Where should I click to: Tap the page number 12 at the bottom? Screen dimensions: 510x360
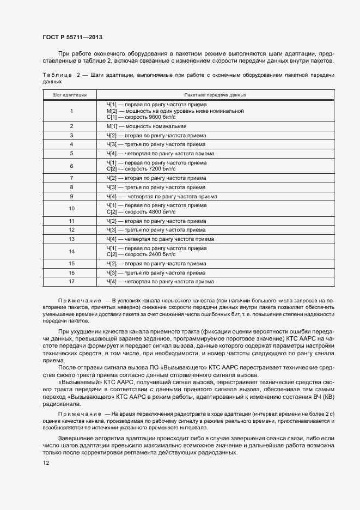tap(46, 463)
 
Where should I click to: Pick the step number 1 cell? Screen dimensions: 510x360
tap(71, 111)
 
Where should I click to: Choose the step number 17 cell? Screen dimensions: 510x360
tap(71, 282)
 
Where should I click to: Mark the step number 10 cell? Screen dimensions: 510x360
tap(71, 209)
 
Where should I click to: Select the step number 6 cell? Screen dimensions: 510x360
tap(71, 166)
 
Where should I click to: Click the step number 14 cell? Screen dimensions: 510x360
tap(71, 251)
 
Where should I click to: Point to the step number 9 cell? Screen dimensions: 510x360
tap(71, 196)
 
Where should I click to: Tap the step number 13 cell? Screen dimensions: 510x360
tap(71, 239)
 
